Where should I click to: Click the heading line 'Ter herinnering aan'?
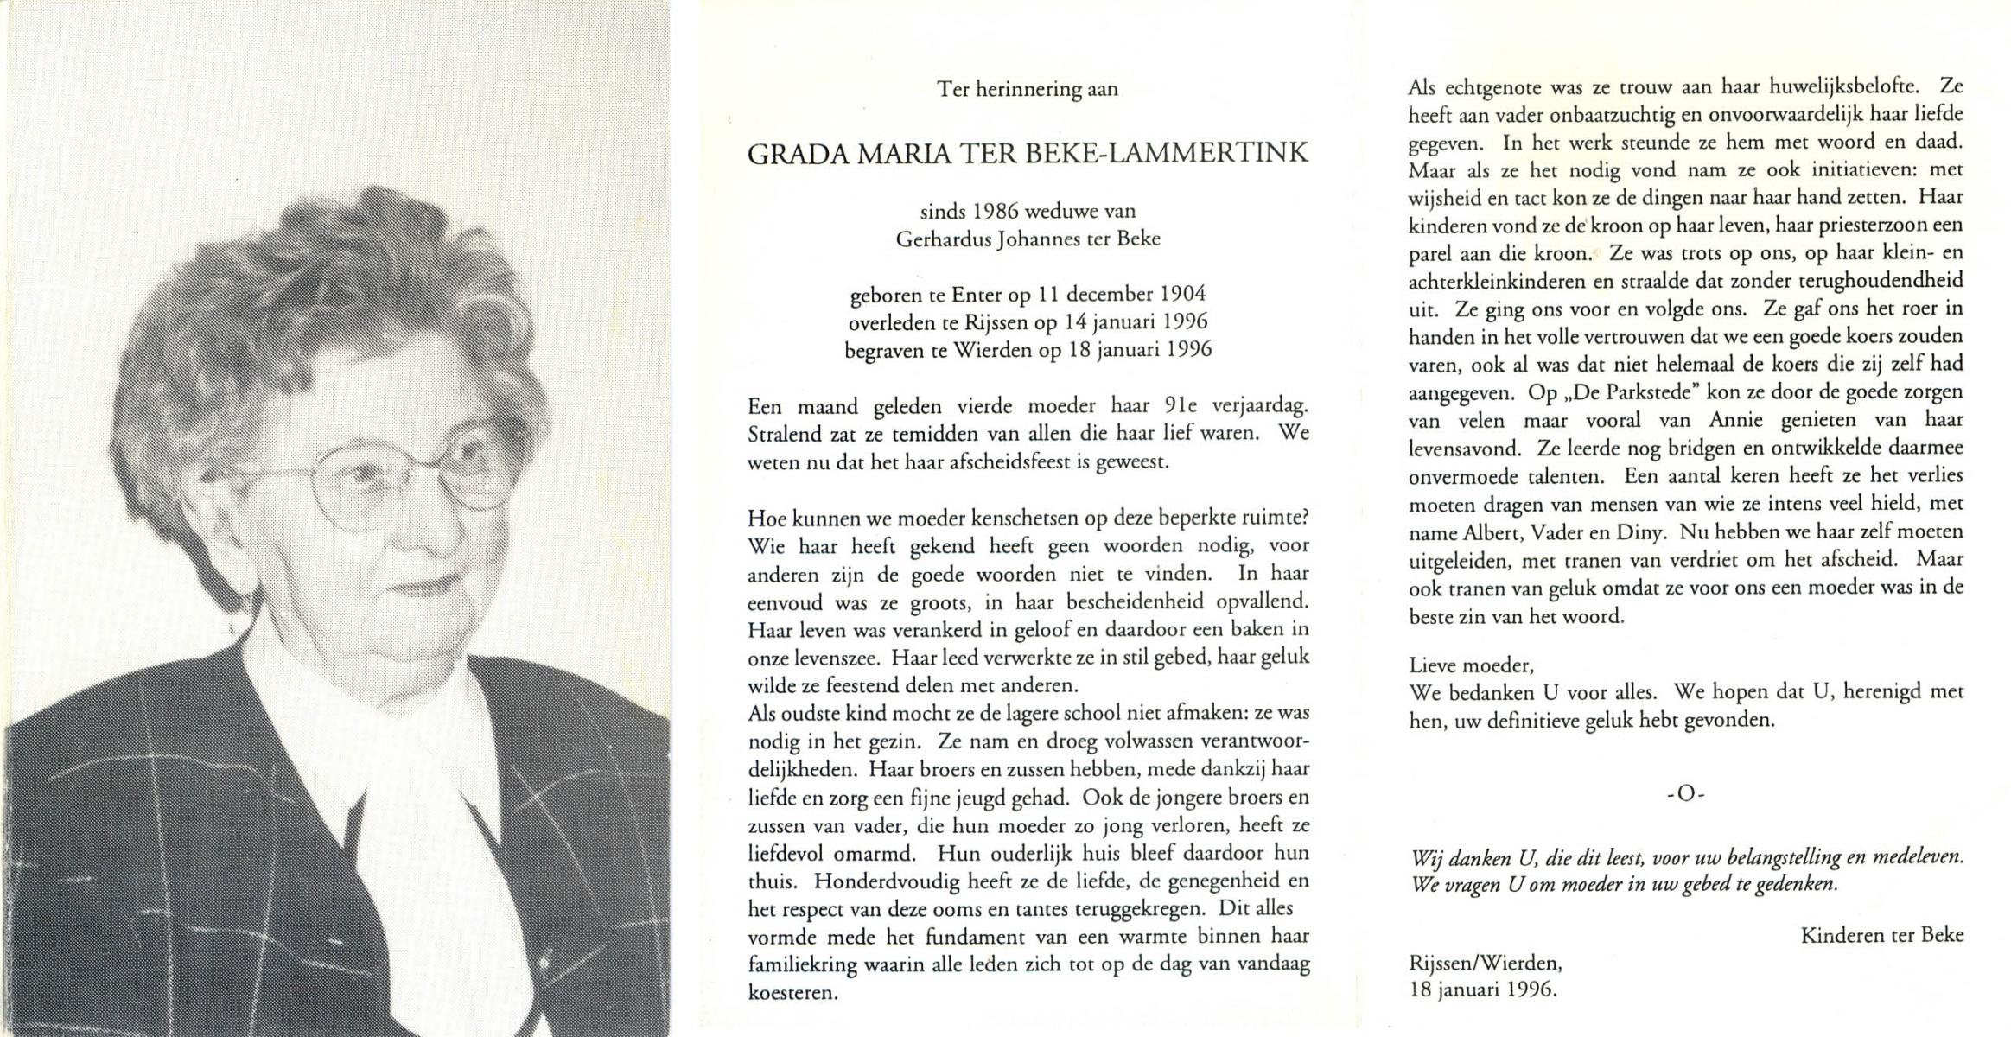[1028, 89]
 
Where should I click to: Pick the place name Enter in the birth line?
[976, 295]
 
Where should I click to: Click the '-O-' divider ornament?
[1686, 793]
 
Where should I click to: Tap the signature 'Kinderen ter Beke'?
[1882, 934]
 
